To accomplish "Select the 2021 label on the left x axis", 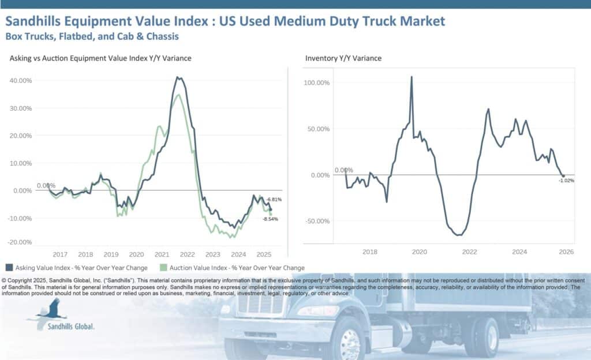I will click(162, 254).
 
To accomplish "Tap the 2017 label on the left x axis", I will click(59, 254).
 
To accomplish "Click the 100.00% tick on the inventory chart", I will click(316, 83).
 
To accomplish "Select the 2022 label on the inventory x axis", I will click(469, 252).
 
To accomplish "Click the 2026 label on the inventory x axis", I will click(566, 252).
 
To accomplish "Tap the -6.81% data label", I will click(273, 200).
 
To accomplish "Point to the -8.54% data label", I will click(271, 219).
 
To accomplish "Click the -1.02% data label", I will click(566, 181).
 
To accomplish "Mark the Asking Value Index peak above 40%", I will click(178, 77).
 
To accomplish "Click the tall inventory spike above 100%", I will click(412, 77).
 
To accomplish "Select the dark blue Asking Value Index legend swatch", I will click(9, 268).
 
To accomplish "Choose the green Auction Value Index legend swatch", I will click(164, 268).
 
